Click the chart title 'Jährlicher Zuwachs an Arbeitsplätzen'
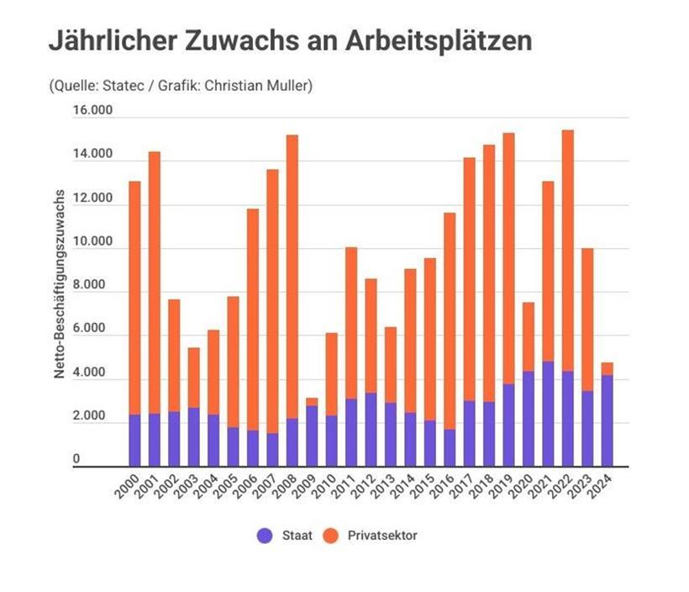pos(290,40)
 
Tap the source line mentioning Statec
pos(181,86)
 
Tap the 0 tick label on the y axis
pos(99,459)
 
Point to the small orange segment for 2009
pos(312,401)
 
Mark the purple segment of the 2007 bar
pos(272,449)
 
